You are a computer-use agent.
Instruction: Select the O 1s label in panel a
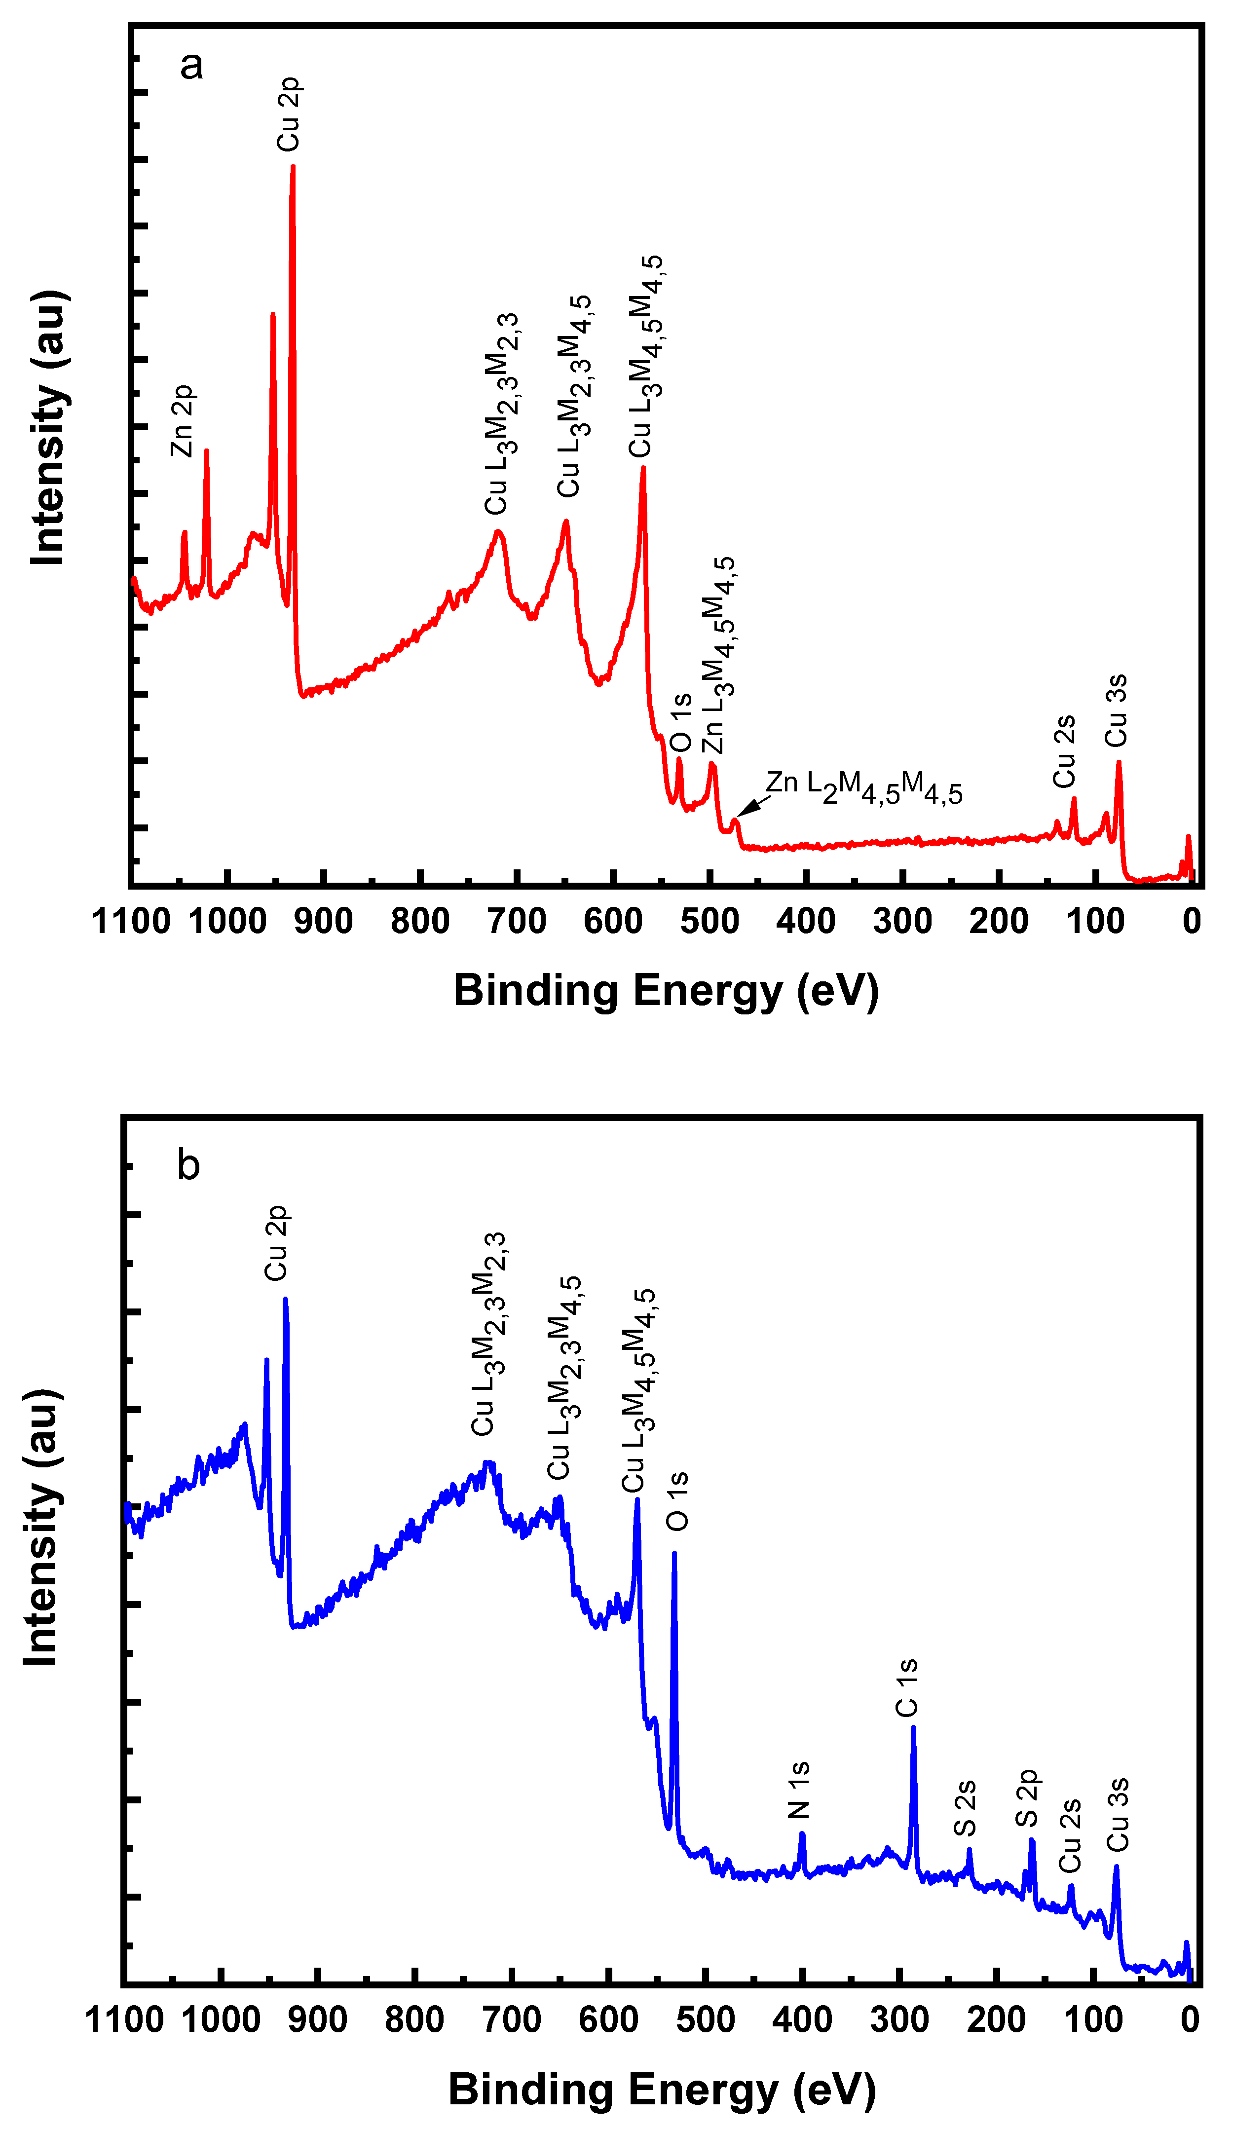(680, 723)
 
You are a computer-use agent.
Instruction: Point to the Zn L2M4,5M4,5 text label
(863, 787)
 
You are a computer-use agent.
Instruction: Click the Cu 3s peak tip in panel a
(1118, 763)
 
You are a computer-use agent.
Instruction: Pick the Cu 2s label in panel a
(1064, 751)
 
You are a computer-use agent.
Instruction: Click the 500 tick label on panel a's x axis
(709, 921)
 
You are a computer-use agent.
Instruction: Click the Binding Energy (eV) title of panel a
(666, 990)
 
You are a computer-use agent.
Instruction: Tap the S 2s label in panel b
(965, 1808)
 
